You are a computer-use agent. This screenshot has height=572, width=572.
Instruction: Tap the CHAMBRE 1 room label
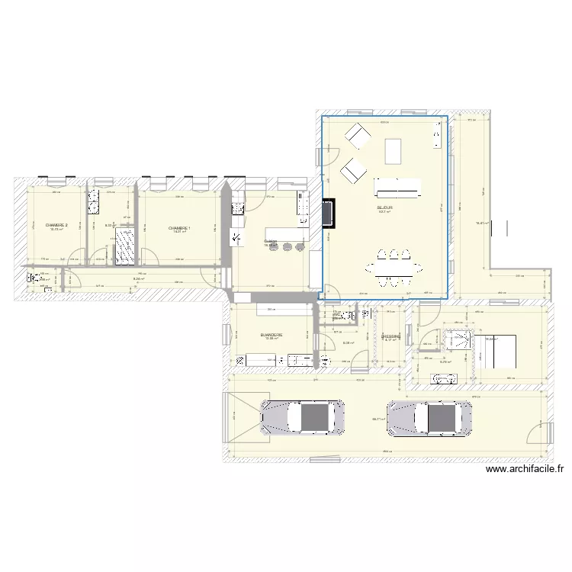tap(179, 227)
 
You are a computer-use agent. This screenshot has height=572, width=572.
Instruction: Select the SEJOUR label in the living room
tap(384, 207)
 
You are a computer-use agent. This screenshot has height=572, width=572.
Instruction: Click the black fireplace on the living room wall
tap(329, 214)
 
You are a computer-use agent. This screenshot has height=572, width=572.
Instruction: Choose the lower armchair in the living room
tap(352, 171)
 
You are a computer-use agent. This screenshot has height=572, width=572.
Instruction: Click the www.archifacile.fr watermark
tap(527, 471)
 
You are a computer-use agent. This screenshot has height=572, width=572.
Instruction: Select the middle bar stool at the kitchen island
tap(288, 246)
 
